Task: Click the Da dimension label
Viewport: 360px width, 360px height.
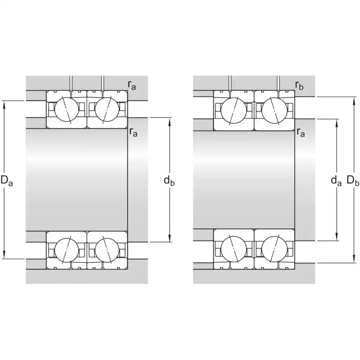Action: coord(7,180)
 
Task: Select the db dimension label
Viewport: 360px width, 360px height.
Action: coord(169,180)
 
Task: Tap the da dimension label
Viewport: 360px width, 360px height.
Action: coord(336,180)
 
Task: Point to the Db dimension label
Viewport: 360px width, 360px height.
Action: coord(353,180)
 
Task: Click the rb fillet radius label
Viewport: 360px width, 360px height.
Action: coord(299,85)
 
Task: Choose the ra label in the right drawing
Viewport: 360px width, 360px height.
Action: coord(301,132)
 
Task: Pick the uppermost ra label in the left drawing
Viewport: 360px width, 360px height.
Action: coord(132,85)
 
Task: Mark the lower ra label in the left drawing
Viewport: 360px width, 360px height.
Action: coord(133,132)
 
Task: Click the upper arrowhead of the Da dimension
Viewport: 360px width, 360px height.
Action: coord(4,104)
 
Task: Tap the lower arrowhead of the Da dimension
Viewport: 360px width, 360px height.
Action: coord(4,255)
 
